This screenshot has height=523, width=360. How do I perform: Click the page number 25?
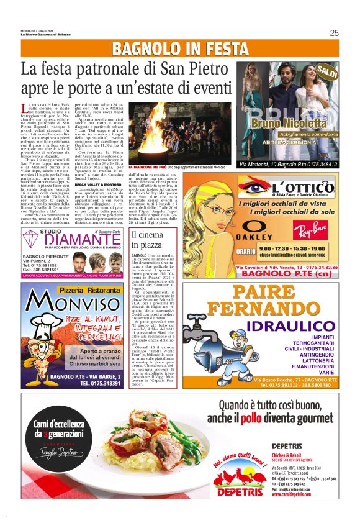[x=334, y=33]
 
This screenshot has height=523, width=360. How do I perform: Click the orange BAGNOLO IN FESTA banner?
[x=180, y=49]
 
